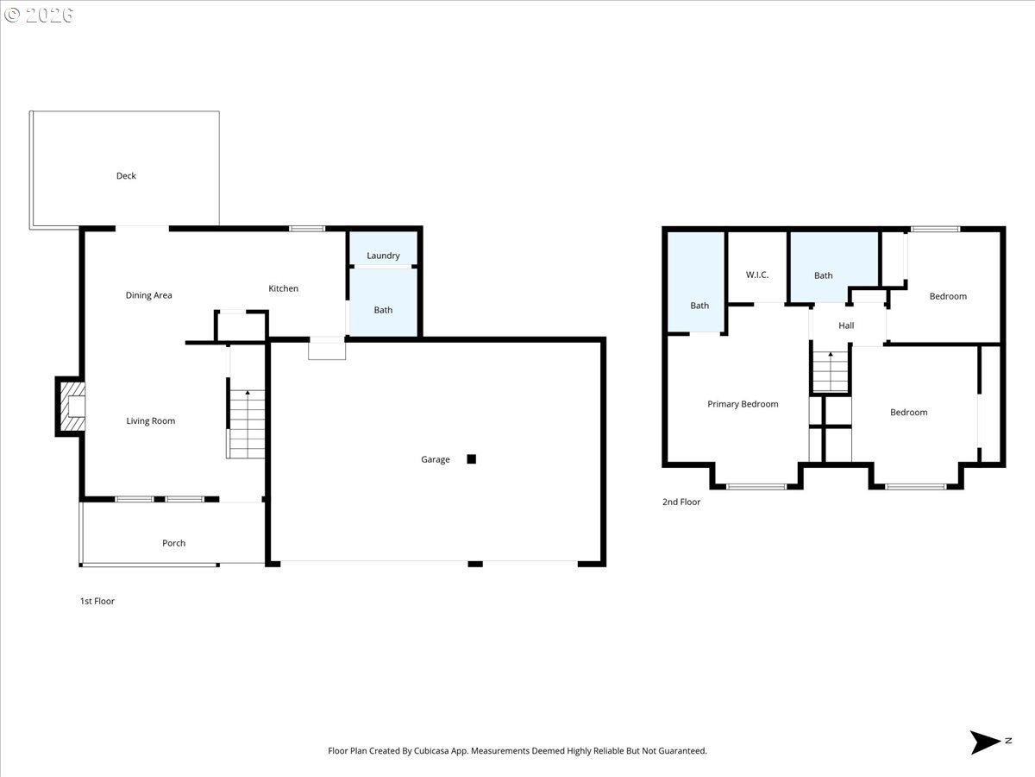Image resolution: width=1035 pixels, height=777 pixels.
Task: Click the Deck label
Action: [126, 176]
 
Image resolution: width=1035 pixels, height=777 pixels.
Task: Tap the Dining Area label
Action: [148, 295]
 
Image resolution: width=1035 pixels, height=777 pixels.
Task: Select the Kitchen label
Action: [283, 288]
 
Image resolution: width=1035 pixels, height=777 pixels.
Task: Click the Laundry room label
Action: [383, 256]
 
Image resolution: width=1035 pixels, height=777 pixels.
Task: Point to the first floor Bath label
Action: [383, 310]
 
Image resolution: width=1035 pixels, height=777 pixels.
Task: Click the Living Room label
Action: [151, 421]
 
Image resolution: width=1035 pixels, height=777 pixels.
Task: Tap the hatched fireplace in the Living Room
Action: [72, 406]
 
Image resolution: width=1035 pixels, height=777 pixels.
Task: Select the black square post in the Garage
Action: [471, 459]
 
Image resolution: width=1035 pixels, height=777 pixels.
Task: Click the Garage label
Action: [435, 459]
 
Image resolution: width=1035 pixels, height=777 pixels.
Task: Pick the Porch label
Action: [173, 543]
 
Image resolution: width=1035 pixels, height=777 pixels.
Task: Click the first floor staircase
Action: [248, 425]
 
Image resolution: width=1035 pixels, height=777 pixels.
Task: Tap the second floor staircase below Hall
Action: [831, 372]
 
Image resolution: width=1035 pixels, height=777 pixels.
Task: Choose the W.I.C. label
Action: [756, 275]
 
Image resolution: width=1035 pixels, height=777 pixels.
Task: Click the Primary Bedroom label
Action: [743, 404]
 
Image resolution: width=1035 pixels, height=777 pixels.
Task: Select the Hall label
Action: [846, 325]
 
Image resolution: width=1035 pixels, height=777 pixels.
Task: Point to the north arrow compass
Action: [986, 742]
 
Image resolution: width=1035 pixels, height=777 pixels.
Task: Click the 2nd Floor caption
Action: [681, 502]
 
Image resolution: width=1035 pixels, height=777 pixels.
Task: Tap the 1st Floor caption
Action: [97, 601]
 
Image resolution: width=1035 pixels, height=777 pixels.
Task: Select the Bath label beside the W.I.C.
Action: [824, 275]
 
